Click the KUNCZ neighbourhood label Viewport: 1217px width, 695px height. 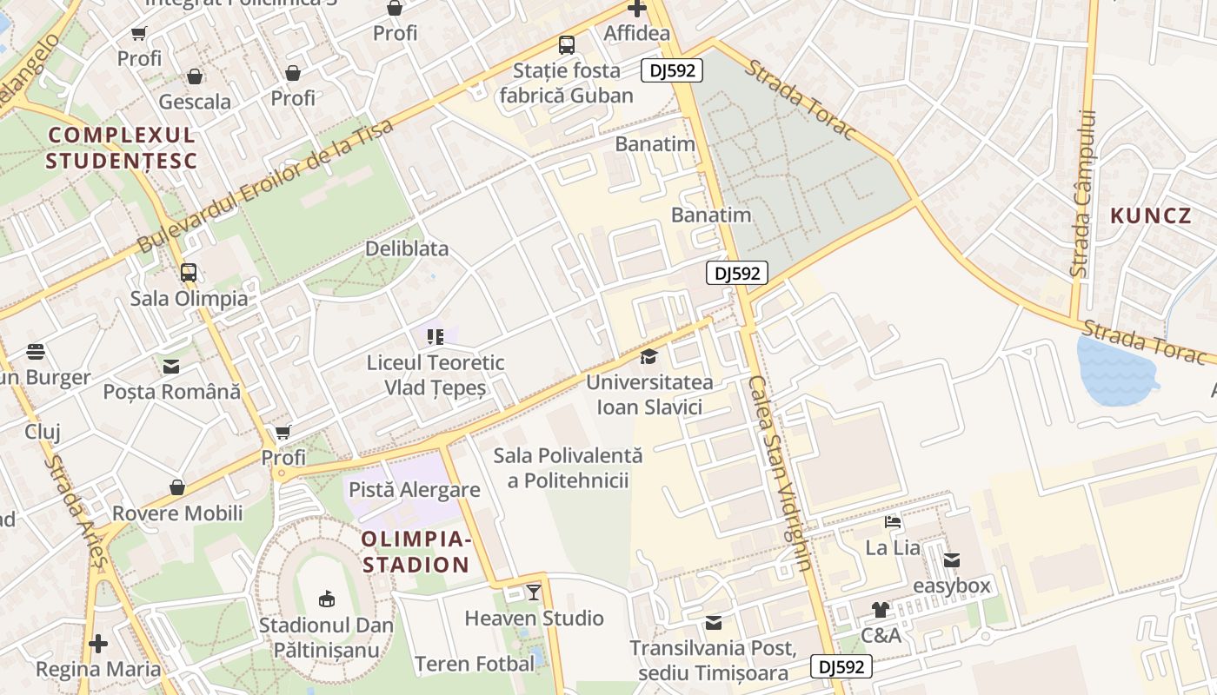tap(1150, 215)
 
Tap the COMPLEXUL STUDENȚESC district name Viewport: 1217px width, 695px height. tap(122, 148)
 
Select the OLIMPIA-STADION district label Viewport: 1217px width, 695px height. tap(416, 553)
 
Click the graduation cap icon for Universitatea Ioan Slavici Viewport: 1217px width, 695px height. tap(648, 356)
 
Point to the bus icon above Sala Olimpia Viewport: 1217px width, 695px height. tap(189, 273)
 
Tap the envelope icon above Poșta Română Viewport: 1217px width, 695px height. tap(171, 366)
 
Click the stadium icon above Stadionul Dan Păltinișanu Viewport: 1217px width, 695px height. tap(326, 599)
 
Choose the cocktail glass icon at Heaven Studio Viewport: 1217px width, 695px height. tap(534, 592)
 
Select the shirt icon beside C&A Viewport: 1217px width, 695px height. tap(880, 610)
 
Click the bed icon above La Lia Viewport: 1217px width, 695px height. tap(893, 522)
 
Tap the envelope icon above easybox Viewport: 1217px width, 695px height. tap(952, 560)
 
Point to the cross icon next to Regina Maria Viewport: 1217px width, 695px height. tap(98, 644)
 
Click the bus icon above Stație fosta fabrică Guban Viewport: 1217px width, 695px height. tap(567, 45)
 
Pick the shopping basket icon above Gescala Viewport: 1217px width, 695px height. tap(195, 76)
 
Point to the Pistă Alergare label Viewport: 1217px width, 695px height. tap(414, 490)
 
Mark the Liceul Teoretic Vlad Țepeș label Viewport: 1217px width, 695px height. tap(435, 375)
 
